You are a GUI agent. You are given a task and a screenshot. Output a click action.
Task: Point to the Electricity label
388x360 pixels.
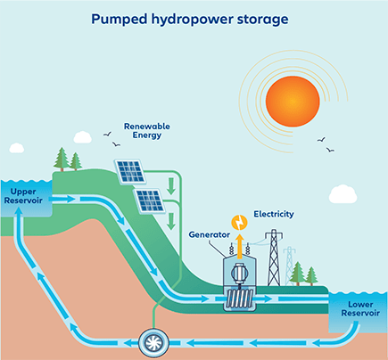(x=274, y=215)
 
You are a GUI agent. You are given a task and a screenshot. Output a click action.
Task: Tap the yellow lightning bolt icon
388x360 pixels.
(x=238, y=222)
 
